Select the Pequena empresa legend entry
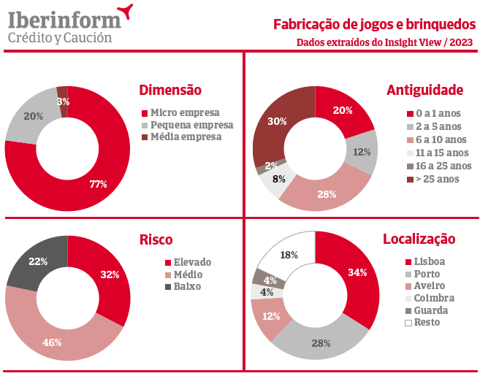pyautogui.click(x=186, y=125)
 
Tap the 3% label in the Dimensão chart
pyautogui.click(x=64, y=101)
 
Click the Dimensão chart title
pyautogui.click(x=169, y=90)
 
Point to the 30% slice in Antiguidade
pyautogui.click(x=278, y=122)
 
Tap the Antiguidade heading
pyautogui.click(x=424, y=90)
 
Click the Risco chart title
pyautogui.click(x=156, y=239)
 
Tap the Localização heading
pyautogui.click(x=419, y=239)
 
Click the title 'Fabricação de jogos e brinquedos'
pyautogui.click(x=373, y=24)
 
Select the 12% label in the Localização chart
pyautogui.click(x=272, y=316)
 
